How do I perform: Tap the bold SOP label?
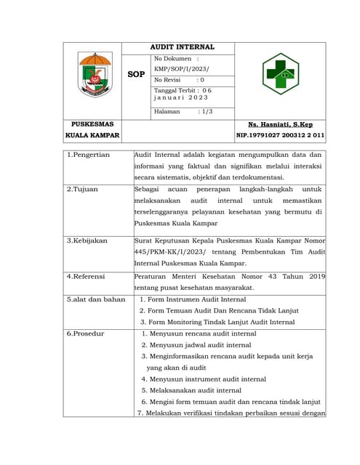[136, 74]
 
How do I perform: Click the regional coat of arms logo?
[95, 75]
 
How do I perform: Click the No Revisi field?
[179, 80]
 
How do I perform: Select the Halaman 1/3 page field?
[183, 112]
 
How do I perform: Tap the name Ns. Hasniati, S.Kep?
[280, 125]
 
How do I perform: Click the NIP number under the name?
[280, 136]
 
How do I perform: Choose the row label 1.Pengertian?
[88, 155]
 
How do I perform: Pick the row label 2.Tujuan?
[82, 188]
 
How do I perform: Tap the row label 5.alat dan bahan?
[95, 299]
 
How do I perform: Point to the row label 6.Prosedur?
[85, 333]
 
